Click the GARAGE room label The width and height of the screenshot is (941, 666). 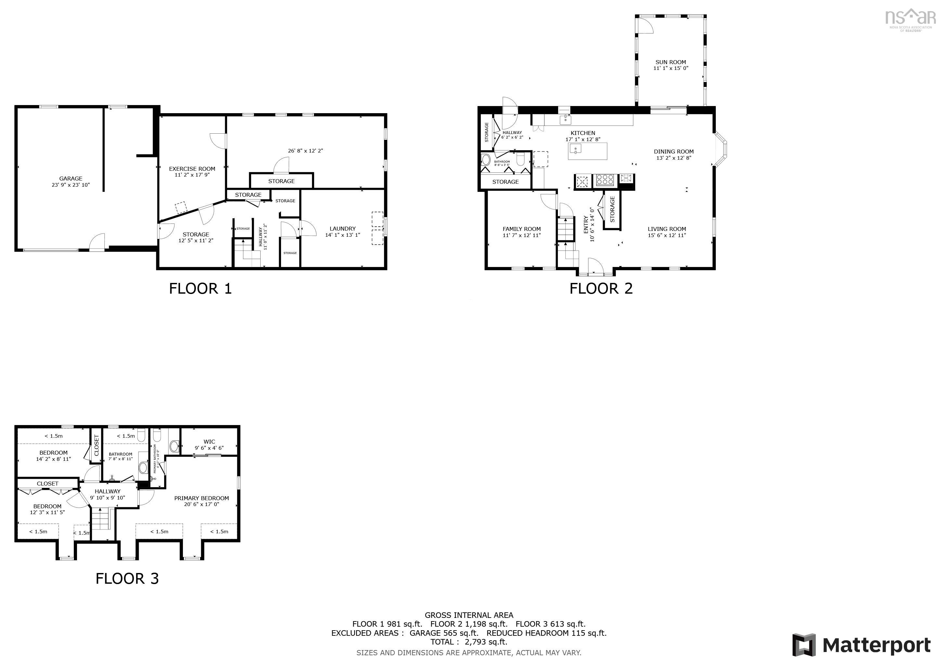click(71, 179)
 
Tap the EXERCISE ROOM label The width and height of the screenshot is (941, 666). click(192, 168)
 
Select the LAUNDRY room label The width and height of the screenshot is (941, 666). click(342, 228)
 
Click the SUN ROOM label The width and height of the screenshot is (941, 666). click(671, 62)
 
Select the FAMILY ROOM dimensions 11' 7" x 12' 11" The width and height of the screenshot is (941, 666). click(522, 235)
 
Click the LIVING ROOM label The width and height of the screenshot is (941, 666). click(667, 229)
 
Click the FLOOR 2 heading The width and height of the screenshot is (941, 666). click(601, 288)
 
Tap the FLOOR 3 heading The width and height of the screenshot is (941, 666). click(127, 578)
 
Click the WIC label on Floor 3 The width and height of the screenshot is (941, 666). click(209, 442)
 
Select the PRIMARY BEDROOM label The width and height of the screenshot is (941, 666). click(201, 498)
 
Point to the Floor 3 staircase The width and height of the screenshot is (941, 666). click(101, 519)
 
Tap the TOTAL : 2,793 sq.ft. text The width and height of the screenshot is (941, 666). click(469, 642)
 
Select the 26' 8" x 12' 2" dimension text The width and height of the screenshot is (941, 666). click(305, 151)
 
